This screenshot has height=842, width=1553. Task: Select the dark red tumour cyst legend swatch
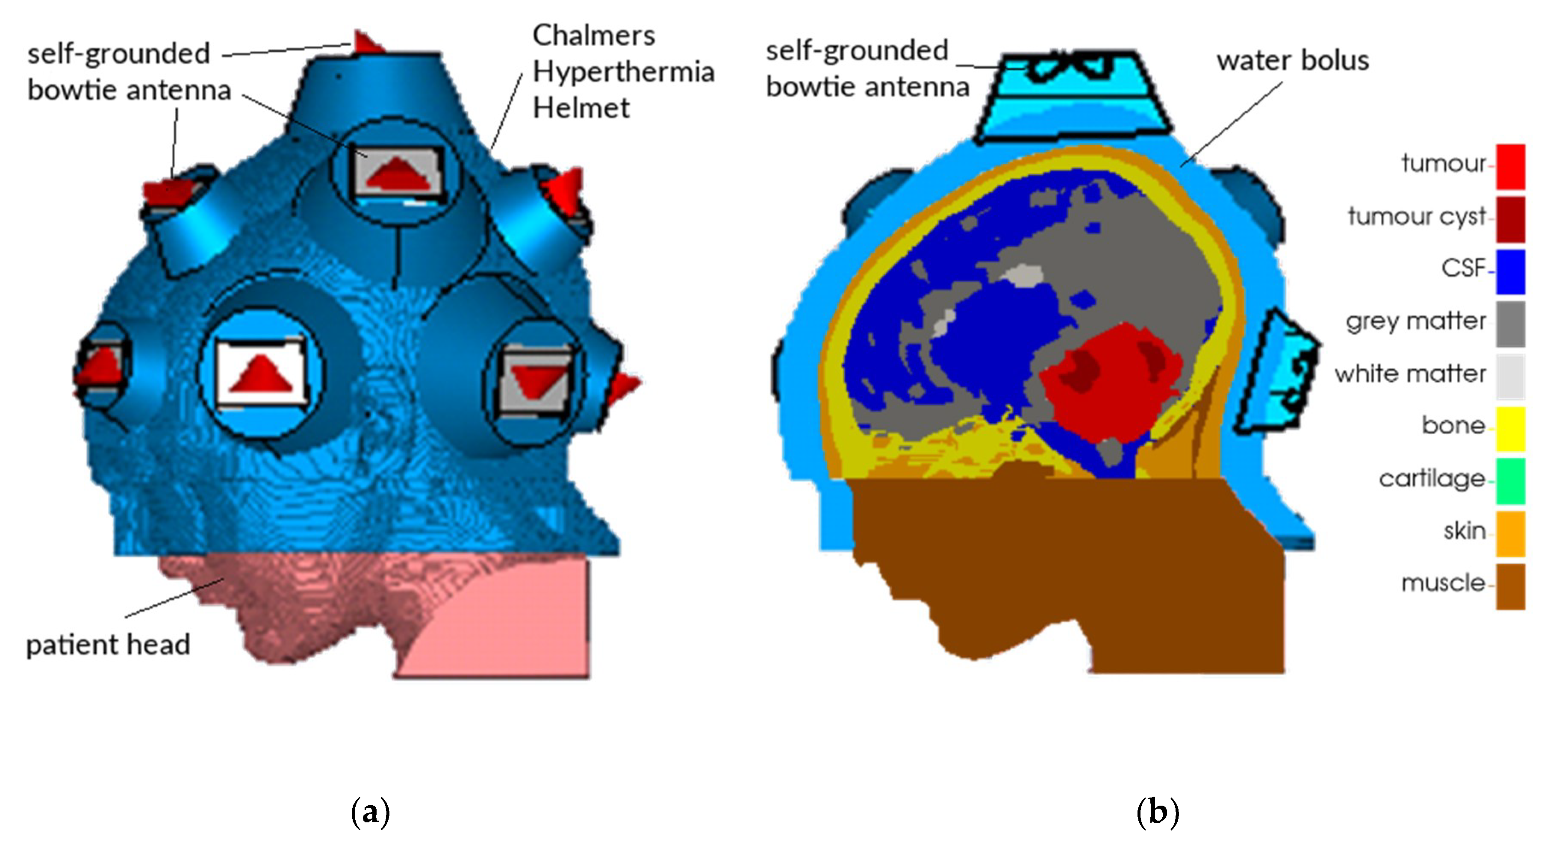1510,219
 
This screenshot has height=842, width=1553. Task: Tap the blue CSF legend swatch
1510,271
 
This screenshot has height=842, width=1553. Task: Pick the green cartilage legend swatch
1510,480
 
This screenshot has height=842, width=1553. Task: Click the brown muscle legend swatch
1510,586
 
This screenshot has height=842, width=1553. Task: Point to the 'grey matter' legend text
1415,321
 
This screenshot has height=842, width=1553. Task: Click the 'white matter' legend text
1410,374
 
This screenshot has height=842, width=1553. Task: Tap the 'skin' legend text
1464,531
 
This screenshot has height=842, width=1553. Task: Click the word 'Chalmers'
593,35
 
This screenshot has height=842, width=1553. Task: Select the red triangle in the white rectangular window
261,375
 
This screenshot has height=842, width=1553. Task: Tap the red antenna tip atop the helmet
366,43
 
